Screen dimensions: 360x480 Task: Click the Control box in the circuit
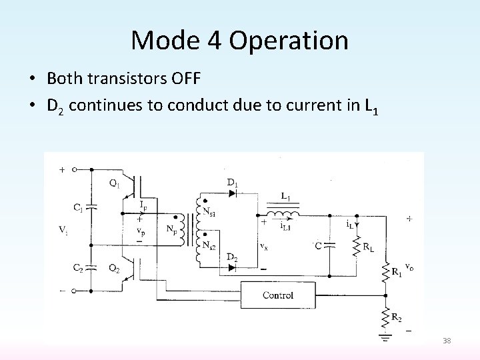click(278, 295)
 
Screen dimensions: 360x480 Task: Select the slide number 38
click(446, 341)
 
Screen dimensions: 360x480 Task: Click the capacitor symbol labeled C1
click(93, 207)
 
